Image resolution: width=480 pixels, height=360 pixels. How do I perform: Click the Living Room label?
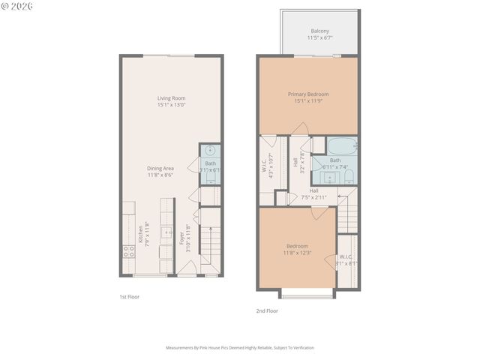pyautogui.click(x=171, y=98)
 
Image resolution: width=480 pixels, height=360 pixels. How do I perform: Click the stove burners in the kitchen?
pyautogui.click(x=128, y=251)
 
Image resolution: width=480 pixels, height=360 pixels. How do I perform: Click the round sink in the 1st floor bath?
pyautogui.click(x=210, y=151)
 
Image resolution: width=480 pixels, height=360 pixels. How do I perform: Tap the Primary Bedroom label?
pyautogui.click(x=308, y=94)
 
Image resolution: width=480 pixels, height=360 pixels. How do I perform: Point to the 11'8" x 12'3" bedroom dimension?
pyautogui.click(x=297, y=253)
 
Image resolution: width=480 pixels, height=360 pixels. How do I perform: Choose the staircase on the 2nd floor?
pyautogui.click(x=347, y=214)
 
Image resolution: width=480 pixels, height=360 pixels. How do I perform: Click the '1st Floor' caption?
pyautogui.click(x=130, y=297)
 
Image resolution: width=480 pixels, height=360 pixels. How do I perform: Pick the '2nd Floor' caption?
pyautogui.click(x=267, y=310)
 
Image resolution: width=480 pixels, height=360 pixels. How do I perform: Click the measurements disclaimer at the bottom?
pyautogui.click(x=240, y=348)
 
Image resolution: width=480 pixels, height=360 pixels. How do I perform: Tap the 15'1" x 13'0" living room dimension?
pyautogui.click(x=171, y=105)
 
